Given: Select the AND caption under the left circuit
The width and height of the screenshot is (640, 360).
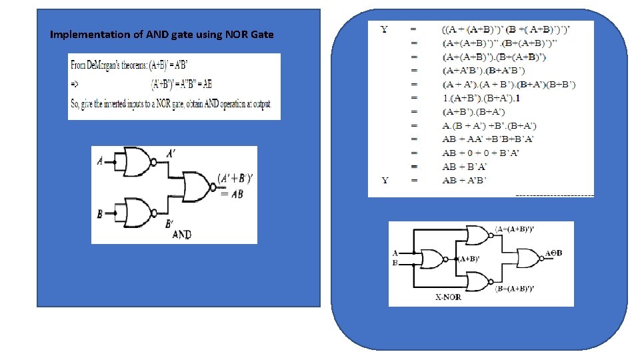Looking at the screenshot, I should coord(181,235).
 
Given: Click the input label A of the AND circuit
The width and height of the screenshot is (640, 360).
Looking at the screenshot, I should coord(100,161).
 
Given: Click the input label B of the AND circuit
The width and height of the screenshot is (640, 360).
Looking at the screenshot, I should coord(100,214).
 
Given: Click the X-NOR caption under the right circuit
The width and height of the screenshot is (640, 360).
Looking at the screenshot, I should coord(448,297).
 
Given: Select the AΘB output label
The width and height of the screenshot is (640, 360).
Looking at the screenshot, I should coord(554,253).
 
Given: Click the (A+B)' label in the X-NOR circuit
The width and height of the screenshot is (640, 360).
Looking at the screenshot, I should coord(469,259).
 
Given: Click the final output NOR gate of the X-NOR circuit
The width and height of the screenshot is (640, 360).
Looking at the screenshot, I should coord(530,258).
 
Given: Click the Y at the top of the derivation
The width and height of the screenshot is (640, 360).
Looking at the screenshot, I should coord(385,29).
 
